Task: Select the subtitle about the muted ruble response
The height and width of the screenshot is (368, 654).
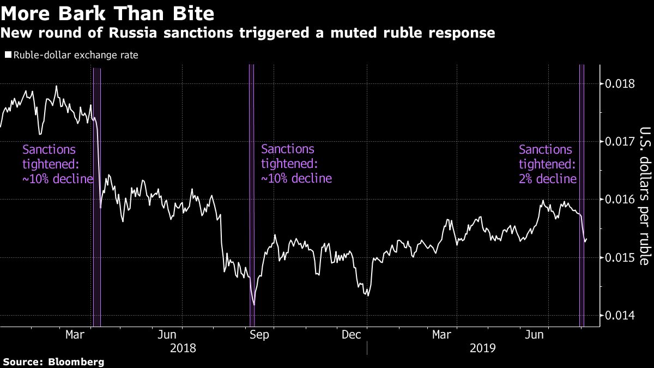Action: click(x=247, y=33)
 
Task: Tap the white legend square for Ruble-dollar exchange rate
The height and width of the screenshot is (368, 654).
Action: click(x=8, y=55)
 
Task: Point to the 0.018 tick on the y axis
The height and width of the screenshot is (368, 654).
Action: click(x=620, y=84)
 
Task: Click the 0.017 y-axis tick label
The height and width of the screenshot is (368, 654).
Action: click(x=620, y=142)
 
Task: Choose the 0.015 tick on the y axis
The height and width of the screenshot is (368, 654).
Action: click(x=620, y=257)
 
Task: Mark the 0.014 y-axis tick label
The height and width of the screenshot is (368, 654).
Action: click(x=620, y=315)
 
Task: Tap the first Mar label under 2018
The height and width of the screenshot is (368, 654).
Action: click(x=75, y=335)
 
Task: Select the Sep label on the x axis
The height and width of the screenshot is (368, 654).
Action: click(x=258, y=335)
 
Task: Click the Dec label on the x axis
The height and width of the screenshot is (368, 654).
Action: click(x=352, y=335)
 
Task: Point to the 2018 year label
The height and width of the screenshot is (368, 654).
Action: click(x=183, y=348)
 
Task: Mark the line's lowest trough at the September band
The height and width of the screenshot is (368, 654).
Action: click(x=253, y=304)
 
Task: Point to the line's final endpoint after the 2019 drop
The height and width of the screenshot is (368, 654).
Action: click(x=586, y=238)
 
